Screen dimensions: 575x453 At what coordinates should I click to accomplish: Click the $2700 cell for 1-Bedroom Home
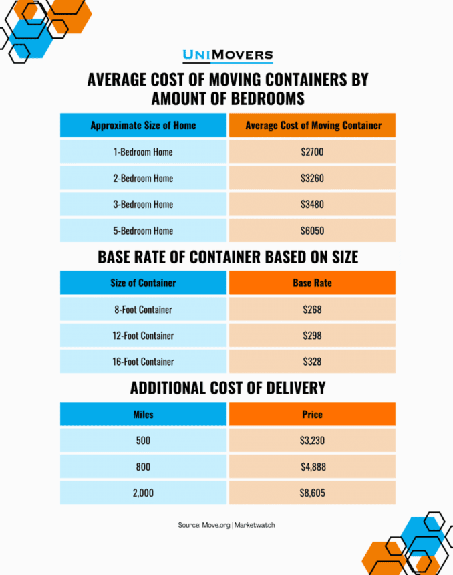312,152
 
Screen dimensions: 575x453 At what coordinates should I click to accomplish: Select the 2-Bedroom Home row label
143,178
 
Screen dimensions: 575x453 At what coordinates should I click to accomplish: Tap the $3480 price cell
312,204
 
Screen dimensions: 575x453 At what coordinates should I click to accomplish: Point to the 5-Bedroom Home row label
143,231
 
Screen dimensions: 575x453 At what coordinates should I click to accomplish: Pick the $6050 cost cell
312,231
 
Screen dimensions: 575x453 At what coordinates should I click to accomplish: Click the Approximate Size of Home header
143,125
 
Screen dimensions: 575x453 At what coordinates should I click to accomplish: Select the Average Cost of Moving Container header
312,125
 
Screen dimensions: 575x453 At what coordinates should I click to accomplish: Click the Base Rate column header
312,283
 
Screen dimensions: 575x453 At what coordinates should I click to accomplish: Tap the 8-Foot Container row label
143,310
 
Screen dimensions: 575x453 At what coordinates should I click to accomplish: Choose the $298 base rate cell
312,336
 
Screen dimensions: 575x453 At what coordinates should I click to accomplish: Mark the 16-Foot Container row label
143,362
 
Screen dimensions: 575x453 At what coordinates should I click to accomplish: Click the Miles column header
143,414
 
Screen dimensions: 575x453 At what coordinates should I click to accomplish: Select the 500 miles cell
143,441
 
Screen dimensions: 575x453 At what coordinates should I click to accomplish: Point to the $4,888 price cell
312,467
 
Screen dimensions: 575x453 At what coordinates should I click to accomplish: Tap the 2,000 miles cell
143,493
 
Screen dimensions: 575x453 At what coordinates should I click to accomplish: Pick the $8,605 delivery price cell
312,493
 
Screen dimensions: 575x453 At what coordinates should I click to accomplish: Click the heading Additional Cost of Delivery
227,388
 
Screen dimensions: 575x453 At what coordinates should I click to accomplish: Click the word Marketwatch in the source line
255,525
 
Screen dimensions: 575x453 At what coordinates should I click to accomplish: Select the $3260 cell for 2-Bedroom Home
312,178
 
